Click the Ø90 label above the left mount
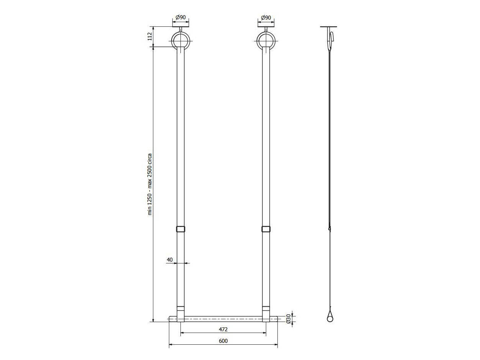(180, 18)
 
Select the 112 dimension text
(150, 36)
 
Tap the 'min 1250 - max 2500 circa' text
(150, 184)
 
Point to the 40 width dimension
(170, 260)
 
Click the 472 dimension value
(223, 329)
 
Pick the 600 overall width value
(223, 341)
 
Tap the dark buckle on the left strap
(180, 229)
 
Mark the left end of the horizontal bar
(170, 319)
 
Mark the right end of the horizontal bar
(276, 319)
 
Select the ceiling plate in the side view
(329, 27)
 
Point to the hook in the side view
(332, 38)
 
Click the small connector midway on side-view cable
(329, 229)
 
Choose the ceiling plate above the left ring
(180, 27)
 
